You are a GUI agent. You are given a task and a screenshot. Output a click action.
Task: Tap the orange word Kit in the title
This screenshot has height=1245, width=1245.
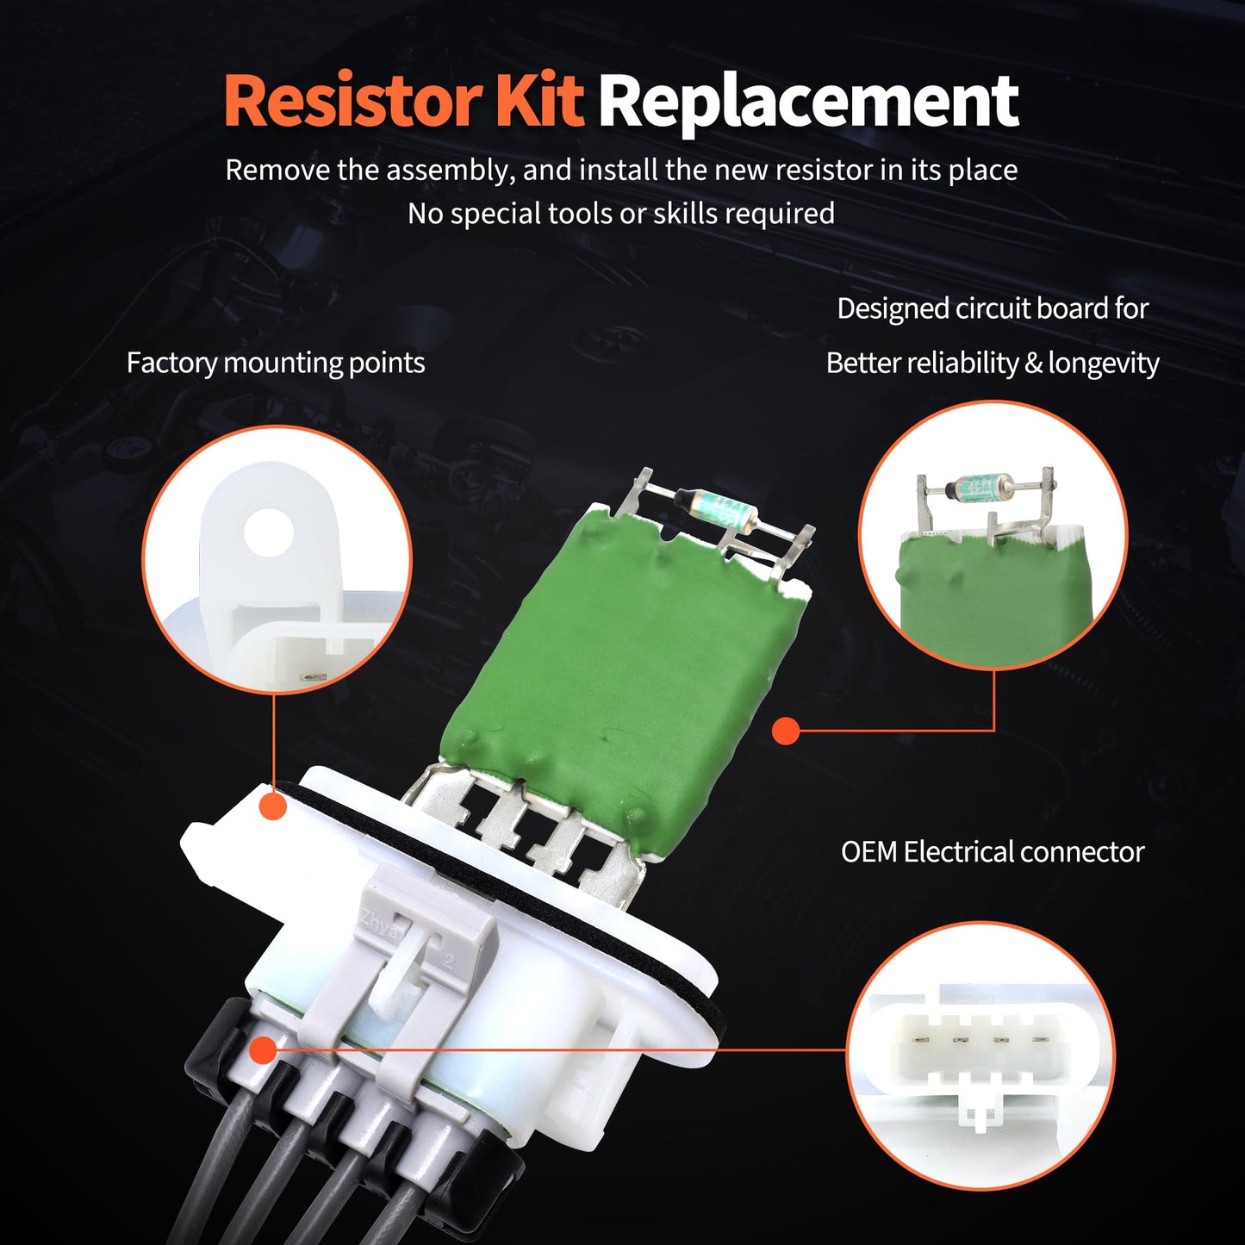pos(538,102)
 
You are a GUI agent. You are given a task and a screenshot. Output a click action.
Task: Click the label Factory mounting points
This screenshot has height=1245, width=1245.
pos(276,363)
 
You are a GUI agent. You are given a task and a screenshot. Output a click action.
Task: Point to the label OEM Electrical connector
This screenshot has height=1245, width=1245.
pos(992,852)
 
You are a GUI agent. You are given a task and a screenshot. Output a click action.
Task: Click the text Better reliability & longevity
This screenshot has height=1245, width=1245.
pos(992,364)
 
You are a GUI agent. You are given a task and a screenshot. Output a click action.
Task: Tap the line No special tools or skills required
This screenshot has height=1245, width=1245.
pos(620,214)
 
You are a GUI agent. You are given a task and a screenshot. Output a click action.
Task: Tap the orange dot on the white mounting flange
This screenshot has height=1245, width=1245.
pos(273,806)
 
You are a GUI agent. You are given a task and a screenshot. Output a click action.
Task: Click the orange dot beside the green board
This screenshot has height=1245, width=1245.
pos(785,731)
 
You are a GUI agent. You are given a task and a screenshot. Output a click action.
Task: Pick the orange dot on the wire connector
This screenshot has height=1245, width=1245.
pos(263,1050)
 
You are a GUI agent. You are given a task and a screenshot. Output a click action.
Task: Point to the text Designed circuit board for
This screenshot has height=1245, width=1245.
pos(992,308)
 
